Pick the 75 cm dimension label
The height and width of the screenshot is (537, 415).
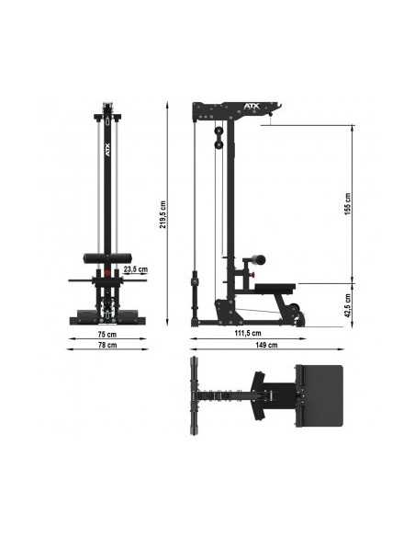tap(108, 334)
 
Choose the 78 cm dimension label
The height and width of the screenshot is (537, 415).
tap(108, 347)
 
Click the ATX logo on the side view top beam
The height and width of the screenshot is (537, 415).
tap(226, 108)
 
